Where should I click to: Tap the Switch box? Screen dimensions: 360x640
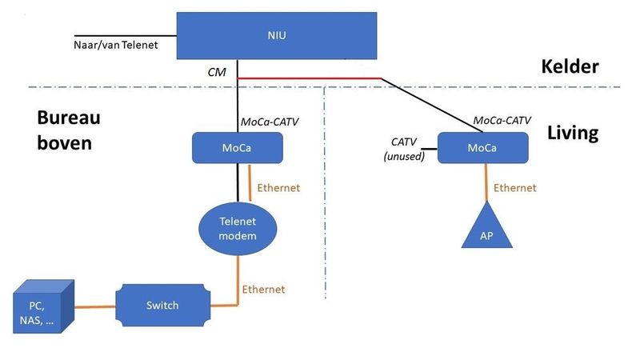coord(162,305)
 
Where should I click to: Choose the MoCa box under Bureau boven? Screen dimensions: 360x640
coord(238,147)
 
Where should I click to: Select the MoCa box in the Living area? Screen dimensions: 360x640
coord(482,147)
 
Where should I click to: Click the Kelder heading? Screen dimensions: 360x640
coord(570,66)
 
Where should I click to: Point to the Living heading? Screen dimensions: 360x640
coord(572,133)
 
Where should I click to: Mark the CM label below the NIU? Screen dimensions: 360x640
coord(217,72)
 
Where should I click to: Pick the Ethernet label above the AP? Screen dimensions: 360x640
coord(514,188)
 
